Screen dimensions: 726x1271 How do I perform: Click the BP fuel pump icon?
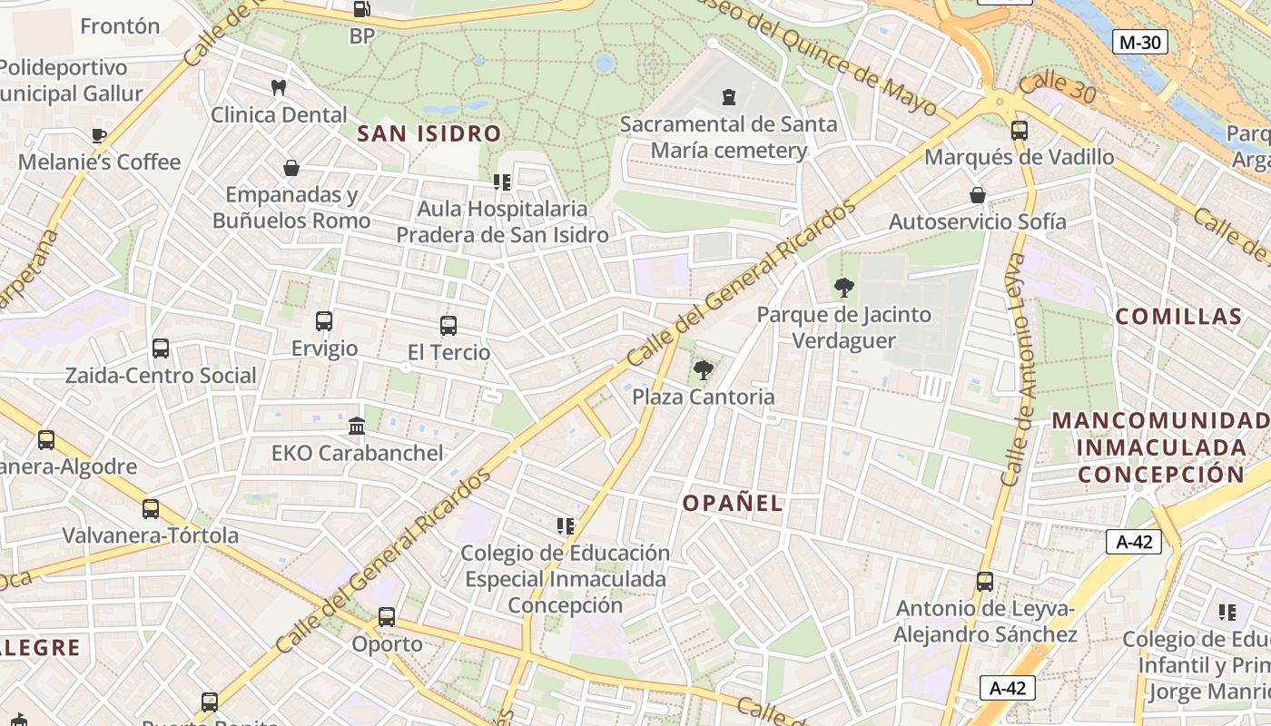[x=361, y=10]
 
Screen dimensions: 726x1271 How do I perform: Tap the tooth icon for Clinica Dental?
[x=279, y=88]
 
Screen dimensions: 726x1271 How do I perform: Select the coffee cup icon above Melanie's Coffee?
[x=99, y=136]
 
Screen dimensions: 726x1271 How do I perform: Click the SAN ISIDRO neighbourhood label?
[x=429, y=134]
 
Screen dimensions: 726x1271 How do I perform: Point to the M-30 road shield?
[x=1139, y=42]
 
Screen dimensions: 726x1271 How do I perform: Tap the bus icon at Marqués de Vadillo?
[x=1019, y=131]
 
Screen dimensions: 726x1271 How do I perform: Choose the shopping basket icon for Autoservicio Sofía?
[x=978, y=195]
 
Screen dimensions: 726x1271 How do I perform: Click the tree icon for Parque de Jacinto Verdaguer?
[x=844, y=289]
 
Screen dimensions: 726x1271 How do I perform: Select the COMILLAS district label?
[x=1177, y=317]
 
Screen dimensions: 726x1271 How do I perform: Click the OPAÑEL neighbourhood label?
[x=732, y=504]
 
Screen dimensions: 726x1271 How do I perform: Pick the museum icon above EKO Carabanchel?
[x=357, y=426]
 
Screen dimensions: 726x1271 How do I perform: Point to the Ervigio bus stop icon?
[x=324, y=321]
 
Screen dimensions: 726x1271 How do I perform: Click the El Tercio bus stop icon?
[x=448, y=326]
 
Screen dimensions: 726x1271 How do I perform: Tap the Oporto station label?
[x=387, y=644]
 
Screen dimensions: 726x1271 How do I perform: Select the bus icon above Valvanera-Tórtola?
[x=151, y=509]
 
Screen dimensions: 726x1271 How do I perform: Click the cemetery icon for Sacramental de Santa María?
[x=728, y=97]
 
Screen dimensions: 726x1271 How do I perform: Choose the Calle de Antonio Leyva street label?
[x=1018, y=369]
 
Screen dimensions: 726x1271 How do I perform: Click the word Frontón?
[x=120, y=26]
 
